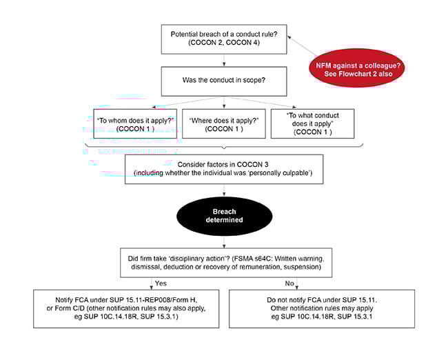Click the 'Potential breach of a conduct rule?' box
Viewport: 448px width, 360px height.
click(219, 39)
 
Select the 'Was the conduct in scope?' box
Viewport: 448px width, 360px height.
click(219, 81)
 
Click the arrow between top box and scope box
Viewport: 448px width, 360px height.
click(219, 61)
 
